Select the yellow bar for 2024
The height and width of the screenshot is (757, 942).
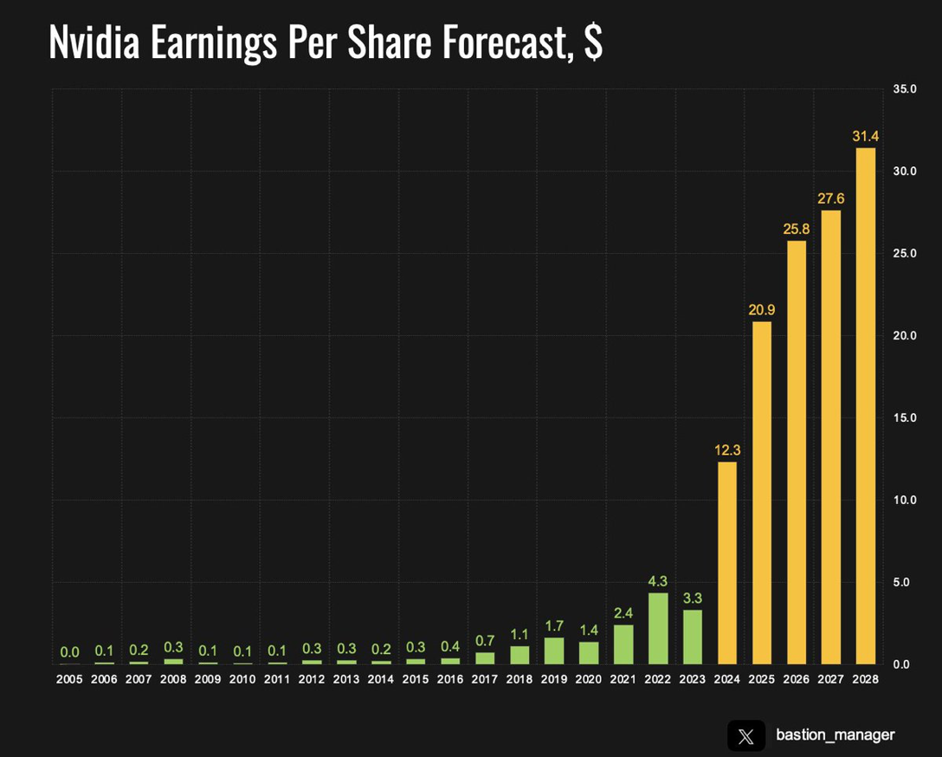click(x=727, y=563)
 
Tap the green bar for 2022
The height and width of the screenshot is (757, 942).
click(x=658, y=628)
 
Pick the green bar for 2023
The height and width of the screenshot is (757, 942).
click(x=693, y=637)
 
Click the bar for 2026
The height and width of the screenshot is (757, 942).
click(x=797, y=452)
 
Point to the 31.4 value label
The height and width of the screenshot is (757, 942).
click(x=866, y=136)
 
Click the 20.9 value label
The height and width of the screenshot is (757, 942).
click(x=762, y=309)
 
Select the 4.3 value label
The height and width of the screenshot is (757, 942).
click(x=658, y=580)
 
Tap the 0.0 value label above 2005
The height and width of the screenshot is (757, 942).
click(x=69, y=652)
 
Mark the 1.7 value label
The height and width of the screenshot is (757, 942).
click(x=554, y=625)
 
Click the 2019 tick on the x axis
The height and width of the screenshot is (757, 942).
click(x=554, y=680)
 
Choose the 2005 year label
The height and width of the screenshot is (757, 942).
click(x=69, y=680)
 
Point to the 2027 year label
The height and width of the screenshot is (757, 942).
click(x=831, y=680)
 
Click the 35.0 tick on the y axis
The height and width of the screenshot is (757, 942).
click(x=906, y=89)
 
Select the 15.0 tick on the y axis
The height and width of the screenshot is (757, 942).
click(x=906, y=417)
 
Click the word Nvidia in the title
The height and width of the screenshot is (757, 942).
click(x=94, y=42)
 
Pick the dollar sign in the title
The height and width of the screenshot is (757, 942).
click(x=593, y=42)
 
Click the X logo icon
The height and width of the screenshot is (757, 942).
click(x=746, y=735)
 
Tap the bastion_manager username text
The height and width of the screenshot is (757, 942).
click(x=835, y=735)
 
